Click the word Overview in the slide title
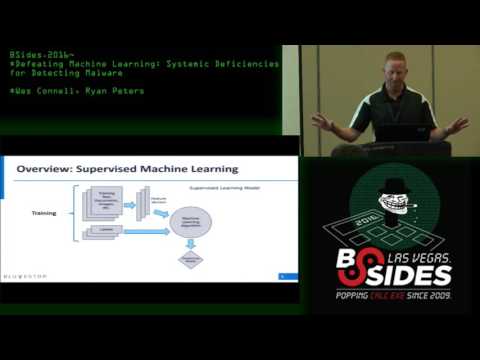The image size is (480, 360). click(46, 169)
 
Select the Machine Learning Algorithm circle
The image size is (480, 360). click(191, 223)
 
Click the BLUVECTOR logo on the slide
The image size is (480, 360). click(36, 276)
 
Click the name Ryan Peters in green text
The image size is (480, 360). click(116, 91)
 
